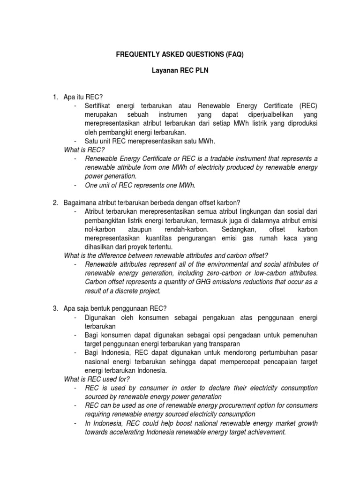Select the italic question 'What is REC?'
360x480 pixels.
click(83, 150)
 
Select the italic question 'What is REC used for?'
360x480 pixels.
click(97, 379)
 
